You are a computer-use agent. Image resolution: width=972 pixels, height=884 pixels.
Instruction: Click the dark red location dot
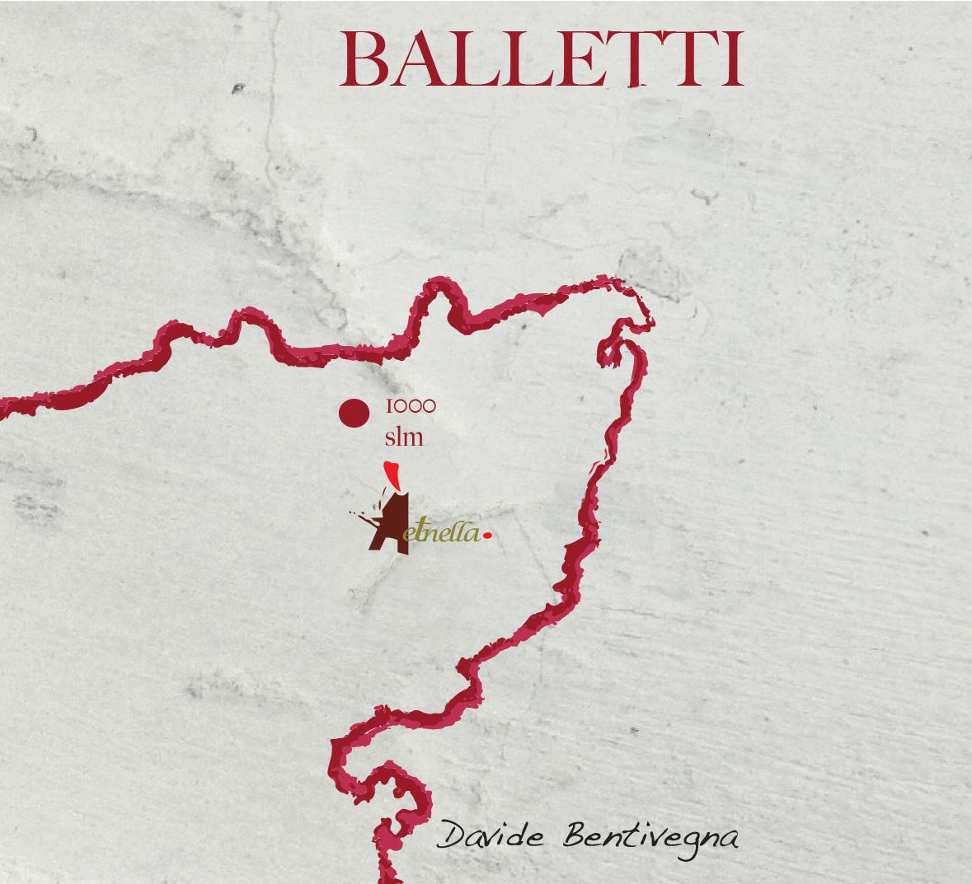pos(355,414)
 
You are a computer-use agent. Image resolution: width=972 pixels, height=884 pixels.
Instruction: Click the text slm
pos(404,437)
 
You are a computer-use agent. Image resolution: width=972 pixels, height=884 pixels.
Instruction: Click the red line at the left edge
pos(7,408)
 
